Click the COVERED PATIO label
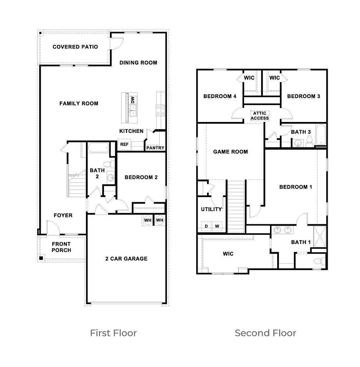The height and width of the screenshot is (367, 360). pos(75,47)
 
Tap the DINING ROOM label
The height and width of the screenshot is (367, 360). pos(138,63)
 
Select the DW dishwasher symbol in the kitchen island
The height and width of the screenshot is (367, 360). pos(133,100)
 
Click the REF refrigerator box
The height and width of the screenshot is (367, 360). pos(124,144)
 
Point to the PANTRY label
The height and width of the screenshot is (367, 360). pos(155,148)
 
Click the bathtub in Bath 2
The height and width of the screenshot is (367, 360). pos(98,148)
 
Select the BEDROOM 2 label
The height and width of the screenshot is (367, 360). pos(141,177)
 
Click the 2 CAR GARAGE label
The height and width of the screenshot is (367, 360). pos(126,259)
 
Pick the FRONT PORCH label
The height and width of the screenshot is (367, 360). pos(61,247)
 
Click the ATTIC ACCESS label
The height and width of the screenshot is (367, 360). pos(260,116)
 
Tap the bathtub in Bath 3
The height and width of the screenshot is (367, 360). pos(321,135)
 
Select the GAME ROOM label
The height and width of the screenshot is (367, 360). pos(230,152)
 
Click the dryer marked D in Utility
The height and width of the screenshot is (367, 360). pos(206,226)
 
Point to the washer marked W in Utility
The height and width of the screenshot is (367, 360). pos(217,226)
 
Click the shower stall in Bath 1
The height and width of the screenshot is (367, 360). pos(320,237)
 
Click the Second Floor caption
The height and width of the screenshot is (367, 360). pos(266,333)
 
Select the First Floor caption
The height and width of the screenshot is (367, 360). pos(113,333)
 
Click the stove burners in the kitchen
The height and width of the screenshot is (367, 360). pos(160,110)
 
